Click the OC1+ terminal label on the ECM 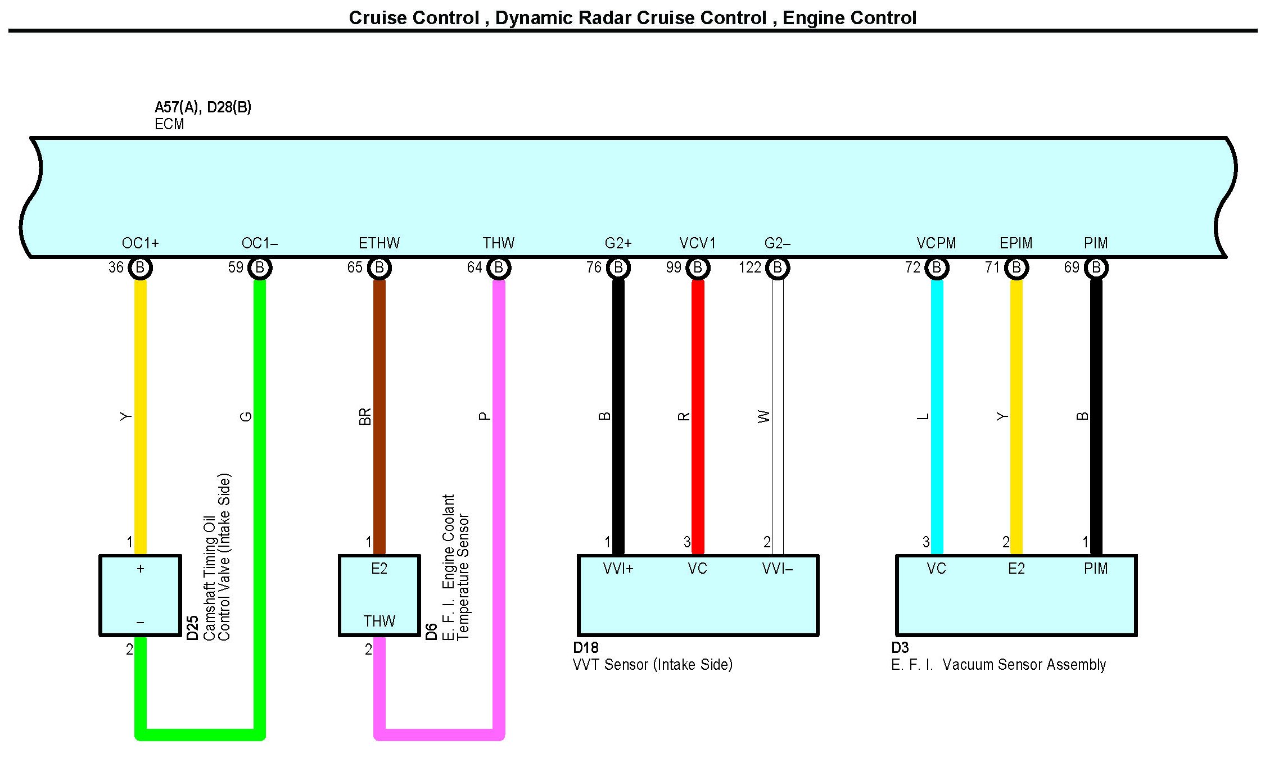click(x=140, y=243)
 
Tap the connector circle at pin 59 click(x=260, y=267)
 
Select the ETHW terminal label click(x=379, y=243)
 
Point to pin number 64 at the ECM click(x=475, y=267)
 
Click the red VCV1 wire click(x=698, y=416)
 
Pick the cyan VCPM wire click(x=937, y=416)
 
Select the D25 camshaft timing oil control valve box click(x=140, y=596)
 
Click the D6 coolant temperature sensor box click(x=379, y=596)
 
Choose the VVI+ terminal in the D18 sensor click(x=618, y=569)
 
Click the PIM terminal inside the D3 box click(x=1095, y=569)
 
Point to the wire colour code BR click(x=365, y=416)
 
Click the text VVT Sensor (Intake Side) click(x=652, y=665)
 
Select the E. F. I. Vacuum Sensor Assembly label click(x=999, y=665)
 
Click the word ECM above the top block click(x=169, y=124)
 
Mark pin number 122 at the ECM click(x=750, y=267)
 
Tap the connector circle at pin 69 click(x=1096, y=267)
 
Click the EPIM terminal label click(x=1016, y=243)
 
